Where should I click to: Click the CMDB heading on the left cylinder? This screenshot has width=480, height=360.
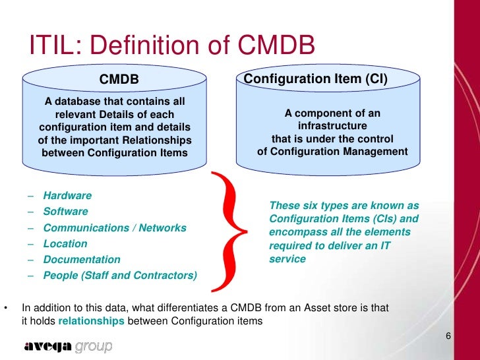pyautogui.click(x=119, y=80)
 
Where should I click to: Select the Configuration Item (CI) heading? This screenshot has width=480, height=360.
pyautogui.click(x=316, y=79)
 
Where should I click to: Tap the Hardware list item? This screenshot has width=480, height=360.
pyautogui.click(x=67, y=196)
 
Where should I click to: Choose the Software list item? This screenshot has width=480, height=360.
pyautogui.click(x=65, y=212)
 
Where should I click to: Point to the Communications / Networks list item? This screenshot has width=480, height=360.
pyautogui.click(x=115, y=227)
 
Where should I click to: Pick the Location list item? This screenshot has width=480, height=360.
pyautogui.click(x=65, y=243)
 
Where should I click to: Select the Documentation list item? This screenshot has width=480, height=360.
pyautogui.click(x=82, y=259)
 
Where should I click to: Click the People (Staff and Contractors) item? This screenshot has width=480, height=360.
pyautogui.click(x=120, y=275)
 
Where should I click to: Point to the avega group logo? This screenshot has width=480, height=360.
pyautogui.click(x=69, y=346)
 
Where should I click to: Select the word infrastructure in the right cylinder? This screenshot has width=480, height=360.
pyautogui.click(x=332, y=126)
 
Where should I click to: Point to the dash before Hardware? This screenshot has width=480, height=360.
pyautogui.click(x=31, y=196)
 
